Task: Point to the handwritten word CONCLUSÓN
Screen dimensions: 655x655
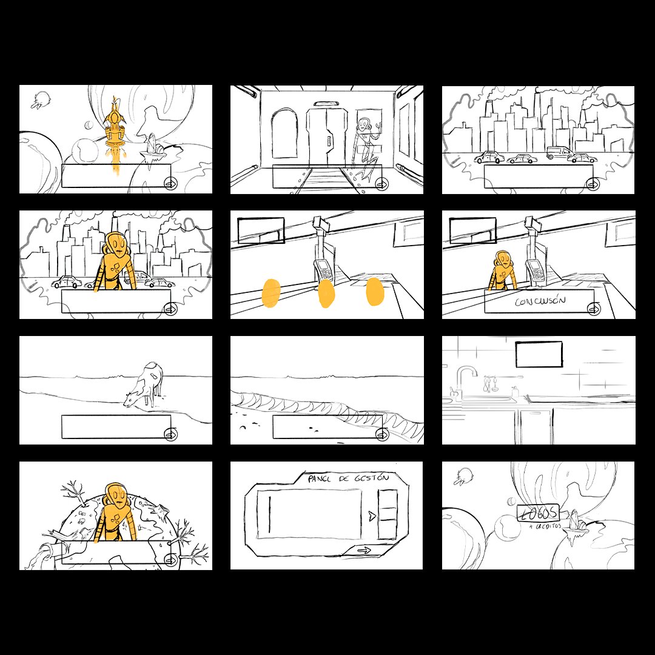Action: click(x=539, y=301)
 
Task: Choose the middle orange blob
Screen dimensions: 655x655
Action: click(x=326, y=293)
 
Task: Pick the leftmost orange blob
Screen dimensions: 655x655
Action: click(x=271, y=292)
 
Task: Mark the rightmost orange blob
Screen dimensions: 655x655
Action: click(x=375, y=290)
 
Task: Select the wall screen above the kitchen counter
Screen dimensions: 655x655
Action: click(x=539, y=354)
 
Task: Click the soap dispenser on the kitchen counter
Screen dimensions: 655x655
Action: click(x=514, y=392)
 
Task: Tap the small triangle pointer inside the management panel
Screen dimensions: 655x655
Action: click(x=369, y=516)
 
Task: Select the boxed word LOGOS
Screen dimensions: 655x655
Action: click(x=537, y=513)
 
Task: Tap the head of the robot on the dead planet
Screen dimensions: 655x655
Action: click(x=116, y=495)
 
